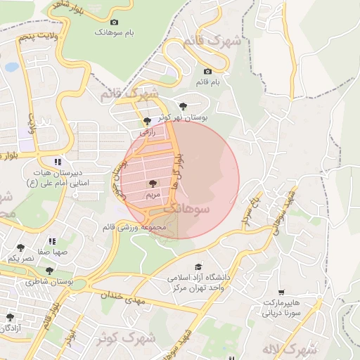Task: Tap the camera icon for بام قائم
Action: [207, 71]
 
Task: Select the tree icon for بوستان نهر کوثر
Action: [183, 105]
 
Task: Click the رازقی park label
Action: [146, 131]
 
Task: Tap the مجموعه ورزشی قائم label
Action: [153, 227]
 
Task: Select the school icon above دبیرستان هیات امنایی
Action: [57, 161]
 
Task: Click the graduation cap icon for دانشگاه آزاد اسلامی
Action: [198, 267]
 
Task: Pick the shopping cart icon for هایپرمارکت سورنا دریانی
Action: [281, 292]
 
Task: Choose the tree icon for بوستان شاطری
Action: [49, 271]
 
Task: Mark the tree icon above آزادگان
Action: [10, 318]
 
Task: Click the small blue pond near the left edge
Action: [11, 67]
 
